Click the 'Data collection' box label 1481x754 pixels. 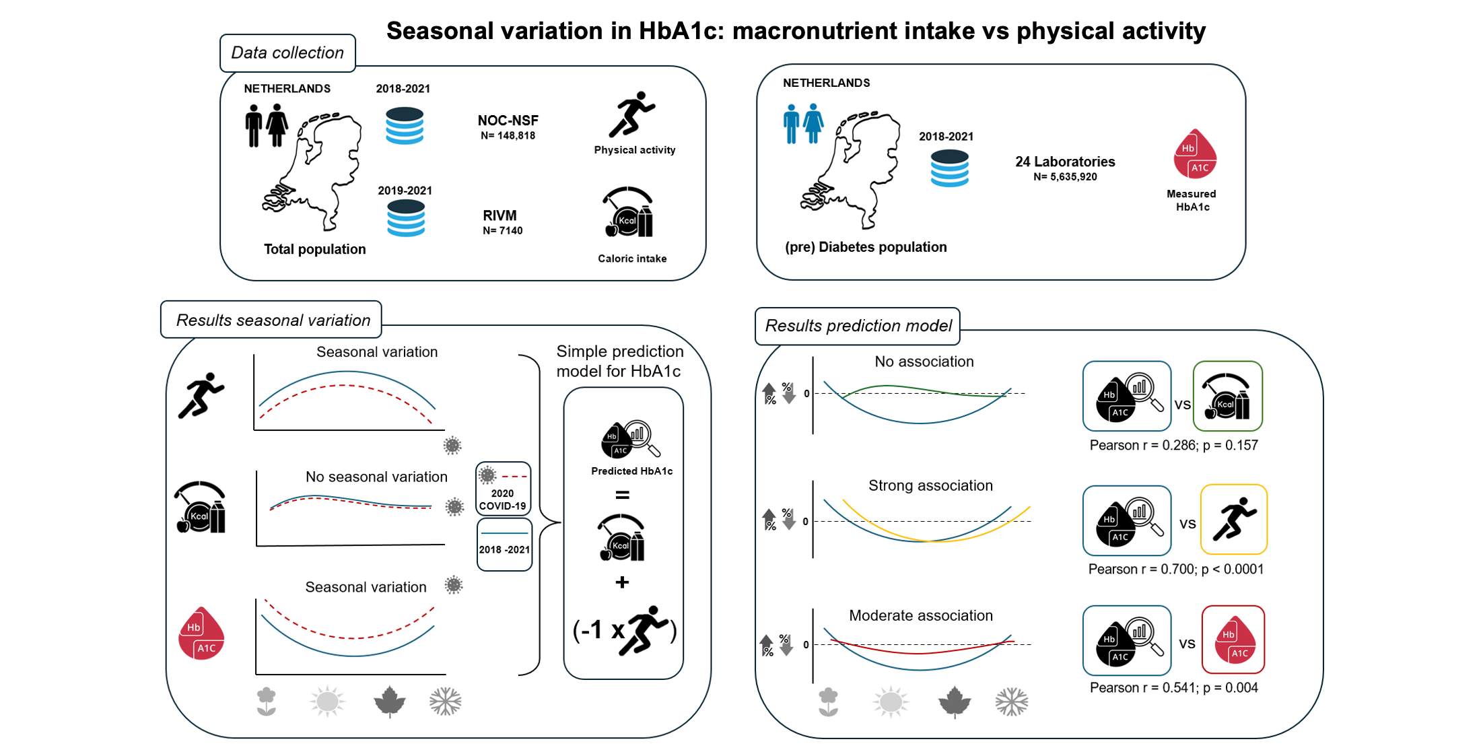(287, 53)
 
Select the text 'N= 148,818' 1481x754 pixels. (508, 136)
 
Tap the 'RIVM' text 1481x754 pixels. (500, 215)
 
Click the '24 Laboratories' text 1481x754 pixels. (1065, 162)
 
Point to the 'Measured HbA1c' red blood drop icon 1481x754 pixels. (1195, 154)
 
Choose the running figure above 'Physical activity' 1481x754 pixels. (631, 114)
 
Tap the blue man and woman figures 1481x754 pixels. (803, 124)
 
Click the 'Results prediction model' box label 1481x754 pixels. (858, 326)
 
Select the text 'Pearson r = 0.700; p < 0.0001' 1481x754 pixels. (1175, 570)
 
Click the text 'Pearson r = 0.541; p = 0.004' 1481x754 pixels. (1173, 688)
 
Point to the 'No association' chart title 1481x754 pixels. (924, 362)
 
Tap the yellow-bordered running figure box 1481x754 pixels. (1234, 519)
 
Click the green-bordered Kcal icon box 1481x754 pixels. (1227, 397)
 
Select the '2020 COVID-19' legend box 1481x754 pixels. (503, 488)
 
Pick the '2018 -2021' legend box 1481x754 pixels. (504, 545)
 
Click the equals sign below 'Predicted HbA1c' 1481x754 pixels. (622, 495)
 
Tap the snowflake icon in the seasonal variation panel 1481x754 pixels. (445, 701)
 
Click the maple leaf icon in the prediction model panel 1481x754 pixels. (955, 702)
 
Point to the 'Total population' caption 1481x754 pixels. (314, 249)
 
